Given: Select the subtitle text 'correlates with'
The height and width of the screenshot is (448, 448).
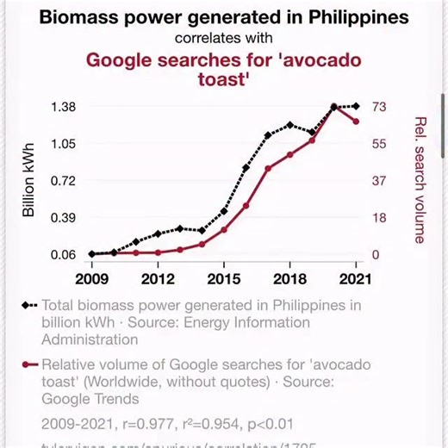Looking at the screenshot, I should (224, 38).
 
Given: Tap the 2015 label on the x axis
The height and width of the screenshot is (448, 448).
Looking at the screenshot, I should (223, 279).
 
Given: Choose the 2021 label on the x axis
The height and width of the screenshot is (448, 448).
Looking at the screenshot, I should (356, 279).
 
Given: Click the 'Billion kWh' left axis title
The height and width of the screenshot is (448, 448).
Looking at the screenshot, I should (28, 180).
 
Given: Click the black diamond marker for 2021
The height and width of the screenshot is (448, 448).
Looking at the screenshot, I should (356, 106).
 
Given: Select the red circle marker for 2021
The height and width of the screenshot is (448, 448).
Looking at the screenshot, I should (356, 121).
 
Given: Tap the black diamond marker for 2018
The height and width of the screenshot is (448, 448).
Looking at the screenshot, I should (289, 125).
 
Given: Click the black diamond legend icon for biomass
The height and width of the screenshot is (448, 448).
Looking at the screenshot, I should (30, 305).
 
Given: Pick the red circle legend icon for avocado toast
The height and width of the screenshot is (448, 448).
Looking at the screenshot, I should (30, 364).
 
